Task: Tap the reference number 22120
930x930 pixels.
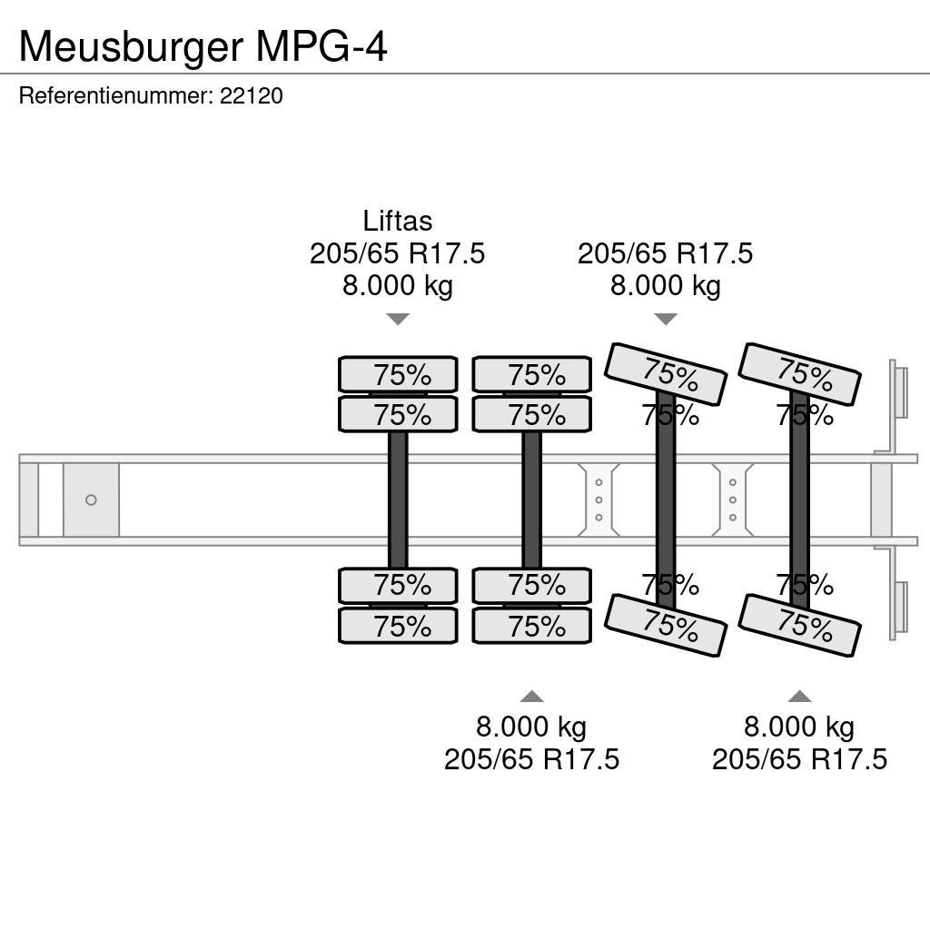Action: [252, 95]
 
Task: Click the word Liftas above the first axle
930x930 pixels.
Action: [397, 221]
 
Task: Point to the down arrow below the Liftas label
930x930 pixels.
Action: [397, 319]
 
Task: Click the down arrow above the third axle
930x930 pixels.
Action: [666, 319]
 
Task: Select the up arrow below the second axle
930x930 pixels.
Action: [531, 697]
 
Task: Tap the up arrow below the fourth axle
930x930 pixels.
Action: [799, 697]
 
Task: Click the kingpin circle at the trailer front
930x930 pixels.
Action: [91, 500]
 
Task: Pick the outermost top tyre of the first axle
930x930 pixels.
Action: [398, 374]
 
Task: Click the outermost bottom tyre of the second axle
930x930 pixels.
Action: [531, 626]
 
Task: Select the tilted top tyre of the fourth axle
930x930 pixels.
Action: [799, 373]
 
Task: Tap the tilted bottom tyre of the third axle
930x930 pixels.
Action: [666, 624]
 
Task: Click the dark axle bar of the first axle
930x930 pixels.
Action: [398, 500]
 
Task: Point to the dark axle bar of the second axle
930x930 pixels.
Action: [531, 500]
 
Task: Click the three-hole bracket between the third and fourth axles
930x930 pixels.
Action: [733, 500]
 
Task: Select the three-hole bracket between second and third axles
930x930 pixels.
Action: [599, 500]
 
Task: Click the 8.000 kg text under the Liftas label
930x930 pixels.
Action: [397, 286]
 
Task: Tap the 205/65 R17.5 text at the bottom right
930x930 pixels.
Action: [799, 759]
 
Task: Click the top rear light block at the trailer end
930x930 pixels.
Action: [899, 391]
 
